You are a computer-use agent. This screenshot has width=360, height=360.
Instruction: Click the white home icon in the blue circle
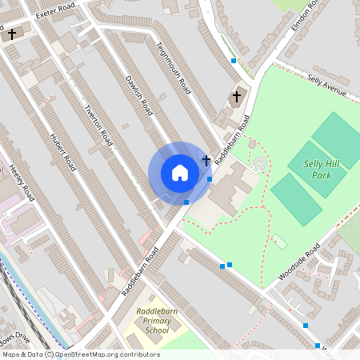[180, 173]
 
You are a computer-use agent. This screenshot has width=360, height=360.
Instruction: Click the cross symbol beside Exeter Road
[12, 34]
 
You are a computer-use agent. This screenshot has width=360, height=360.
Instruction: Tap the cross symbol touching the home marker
[206, 161]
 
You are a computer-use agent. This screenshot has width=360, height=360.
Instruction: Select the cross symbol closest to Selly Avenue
[236, 97]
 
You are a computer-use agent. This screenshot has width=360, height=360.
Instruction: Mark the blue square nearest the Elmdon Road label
[234, 61]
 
